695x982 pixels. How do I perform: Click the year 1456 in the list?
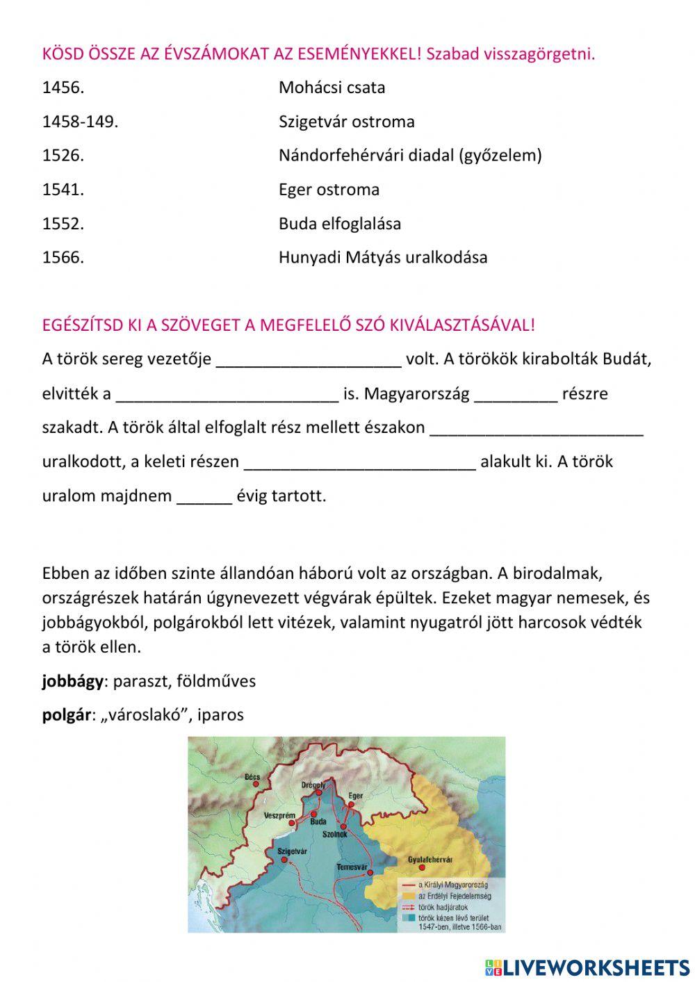click(63, 88)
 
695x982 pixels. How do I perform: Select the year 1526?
click(63, 156)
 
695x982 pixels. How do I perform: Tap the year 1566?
click(63, 258)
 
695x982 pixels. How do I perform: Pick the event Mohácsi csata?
click(332, 88)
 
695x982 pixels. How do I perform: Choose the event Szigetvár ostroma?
click(346, 122)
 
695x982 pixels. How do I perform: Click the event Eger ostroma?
click(329, 190)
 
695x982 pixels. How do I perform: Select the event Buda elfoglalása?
click(339, 224)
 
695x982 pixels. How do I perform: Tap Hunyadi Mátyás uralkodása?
click(383, 258)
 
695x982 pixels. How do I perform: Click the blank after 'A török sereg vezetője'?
click(309, 360)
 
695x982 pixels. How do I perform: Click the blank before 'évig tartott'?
click(204, 497)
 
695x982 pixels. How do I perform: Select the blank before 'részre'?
click(516, 394)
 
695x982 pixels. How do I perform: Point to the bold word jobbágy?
click(72, 681)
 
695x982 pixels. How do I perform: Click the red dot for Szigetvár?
click(284, 860)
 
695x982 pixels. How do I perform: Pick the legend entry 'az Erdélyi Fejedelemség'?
click(452, 897)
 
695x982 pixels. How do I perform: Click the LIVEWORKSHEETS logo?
click(587, 967)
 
